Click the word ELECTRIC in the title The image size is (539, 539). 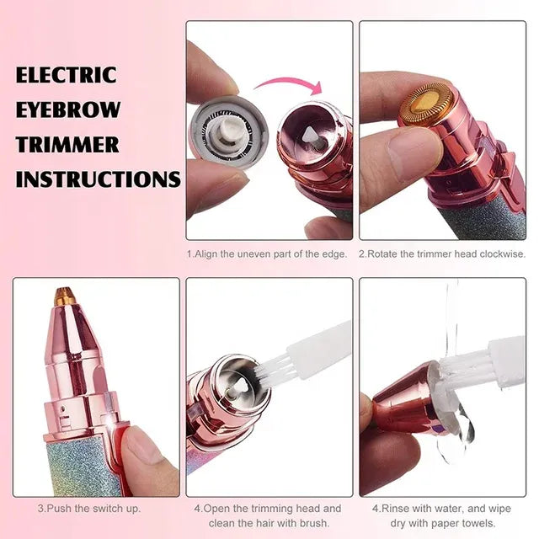point(66,75)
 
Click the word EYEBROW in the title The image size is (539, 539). point(67,109)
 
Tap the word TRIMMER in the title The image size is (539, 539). point(67,144)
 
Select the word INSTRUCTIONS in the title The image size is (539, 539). point(98,179)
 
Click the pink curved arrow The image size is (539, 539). point(290,84)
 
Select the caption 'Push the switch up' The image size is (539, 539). point(88,509)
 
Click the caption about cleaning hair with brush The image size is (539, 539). point(267,515)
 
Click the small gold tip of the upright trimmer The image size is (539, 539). point(65,296)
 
